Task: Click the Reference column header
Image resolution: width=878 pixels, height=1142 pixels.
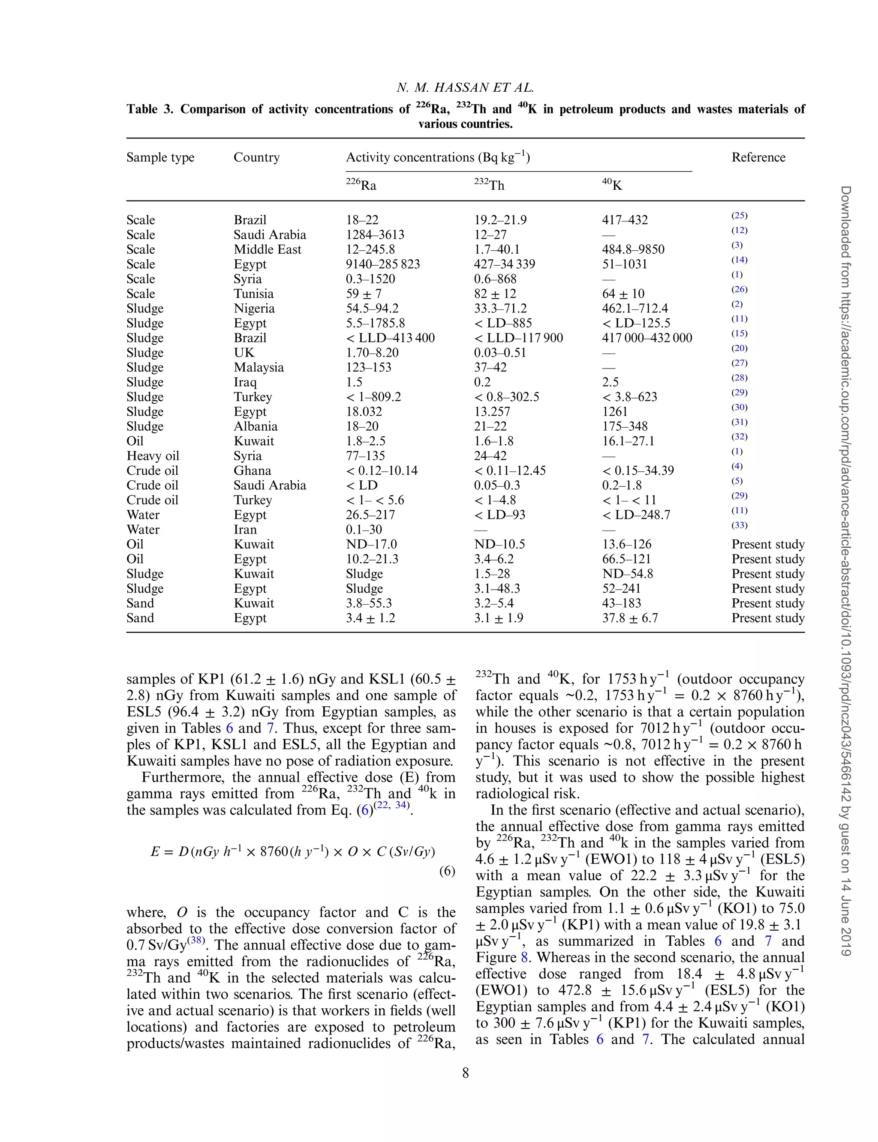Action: coord(758,157)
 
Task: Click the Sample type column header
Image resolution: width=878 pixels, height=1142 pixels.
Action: coord(160,157)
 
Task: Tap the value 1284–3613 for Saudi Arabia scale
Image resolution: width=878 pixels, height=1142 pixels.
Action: coord(375,234)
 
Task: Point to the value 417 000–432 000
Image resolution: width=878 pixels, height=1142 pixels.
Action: coord(646,338)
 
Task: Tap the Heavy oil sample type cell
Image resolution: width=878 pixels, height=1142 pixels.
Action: coord(153,456)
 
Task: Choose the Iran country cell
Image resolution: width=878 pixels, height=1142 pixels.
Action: coord(245,529)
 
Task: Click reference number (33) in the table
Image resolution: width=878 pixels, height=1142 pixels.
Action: coord(739,525)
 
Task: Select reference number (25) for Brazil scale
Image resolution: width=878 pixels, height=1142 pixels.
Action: coord(739,216)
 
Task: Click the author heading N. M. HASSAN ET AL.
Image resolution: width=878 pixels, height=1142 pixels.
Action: coord(465,88)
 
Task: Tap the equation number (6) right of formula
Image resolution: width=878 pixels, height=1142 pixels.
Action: coord(447,871)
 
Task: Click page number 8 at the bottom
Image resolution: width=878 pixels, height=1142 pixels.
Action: coord(465,1073)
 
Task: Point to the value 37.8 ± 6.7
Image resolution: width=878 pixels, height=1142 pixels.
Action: coord(630,618)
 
